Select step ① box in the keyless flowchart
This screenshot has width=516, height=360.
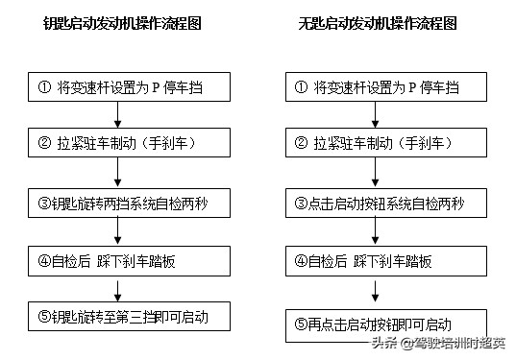click(x=385, y=87)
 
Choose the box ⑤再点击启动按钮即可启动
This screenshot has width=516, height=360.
click(x=385, y=324)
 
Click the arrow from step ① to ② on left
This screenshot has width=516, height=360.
click(x=117, y=115)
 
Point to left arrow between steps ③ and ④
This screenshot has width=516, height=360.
click(x=117, y=230)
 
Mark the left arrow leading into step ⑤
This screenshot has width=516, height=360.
click(x=117, y=288)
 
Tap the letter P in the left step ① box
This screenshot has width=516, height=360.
click(x=155, y=87)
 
